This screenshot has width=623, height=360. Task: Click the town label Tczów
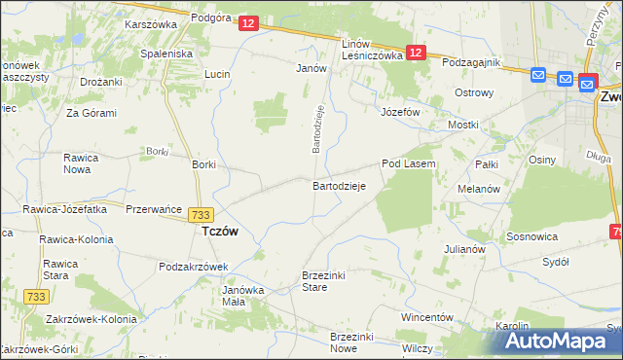click(220, 233)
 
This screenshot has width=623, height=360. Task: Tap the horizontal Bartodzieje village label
click(338, 185)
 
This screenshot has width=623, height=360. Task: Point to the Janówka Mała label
click(243, 296)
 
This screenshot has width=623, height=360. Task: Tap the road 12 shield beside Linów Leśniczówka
click(417, 54)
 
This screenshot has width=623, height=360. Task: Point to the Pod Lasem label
click(408, 164)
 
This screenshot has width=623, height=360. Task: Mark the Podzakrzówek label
click(193, 267)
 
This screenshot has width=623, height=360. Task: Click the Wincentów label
click(427, 318)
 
